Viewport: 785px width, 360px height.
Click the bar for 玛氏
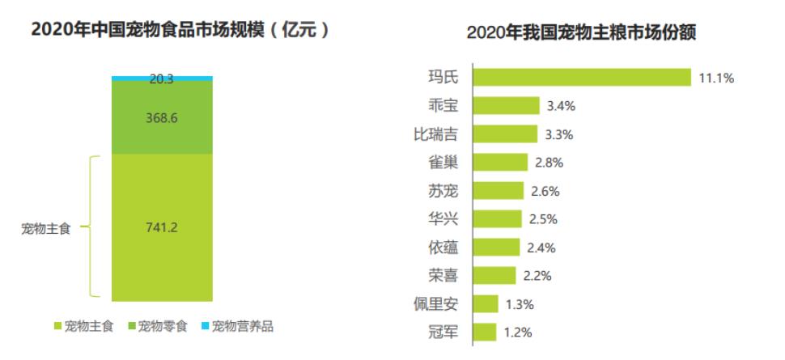coord(581,78)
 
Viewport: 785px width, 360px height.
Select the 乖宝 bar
coord(506,106)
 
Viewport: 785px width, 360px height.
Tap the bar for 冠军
coord(484,332)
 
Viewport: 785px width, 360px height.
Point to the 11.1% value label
coord(716,78)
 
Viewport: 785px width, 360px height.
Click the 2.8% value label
coord(549,163)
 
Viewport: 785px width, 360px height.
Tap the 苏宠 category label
coord(443,191)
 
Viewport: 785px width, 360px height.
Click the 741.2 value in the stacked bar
coord(162,227)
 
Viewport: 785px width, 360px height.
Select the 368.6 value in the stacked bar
coord(162,117)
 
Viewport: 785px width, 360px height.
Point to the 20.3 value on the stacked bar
coord(162,79)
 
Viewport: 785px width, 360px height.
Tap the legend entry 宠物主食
coord(83,327)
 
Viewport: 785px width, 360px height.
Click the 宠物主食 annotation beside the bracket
coord(45,229)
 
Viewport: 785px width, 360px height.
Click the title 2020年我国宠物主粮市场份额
coord(582,34)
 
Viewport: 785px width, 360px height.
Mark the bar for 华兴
coord(497,219)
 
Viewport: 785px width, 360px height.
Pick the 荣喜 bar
coord(494,275)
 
